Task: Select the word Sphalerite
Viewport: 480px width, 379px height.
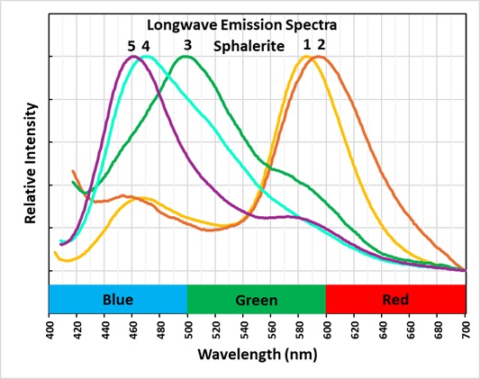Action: tap(249, 45)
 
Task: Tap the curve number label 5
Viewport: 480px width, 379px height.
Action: tap(131, 45)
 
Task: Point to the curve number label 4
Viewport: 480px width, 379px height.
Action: tap(146, 45)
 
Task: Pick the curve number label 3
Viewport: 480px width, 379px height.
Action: tap(186, 45)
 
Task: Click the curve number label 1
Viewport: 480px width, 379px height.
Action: tap(306, 45)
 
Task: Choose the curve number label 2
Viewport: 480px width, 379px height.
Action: tap(321, 45)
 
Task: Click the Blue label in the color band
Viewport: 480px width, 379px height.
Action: tap(118, 298)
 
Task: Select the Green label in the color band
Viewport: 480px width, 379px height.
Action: tap(257, 298)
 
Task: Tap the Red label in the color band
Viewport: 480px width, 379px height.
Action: tap(395, 298)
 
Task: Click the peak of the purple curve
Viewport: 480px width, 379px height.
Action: tap(133, 57)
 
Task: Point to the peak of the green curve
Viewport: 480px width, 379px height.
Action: tap(186, 57)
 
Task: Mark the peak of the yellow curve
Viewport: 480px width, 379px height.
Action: tap(306, 57)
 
